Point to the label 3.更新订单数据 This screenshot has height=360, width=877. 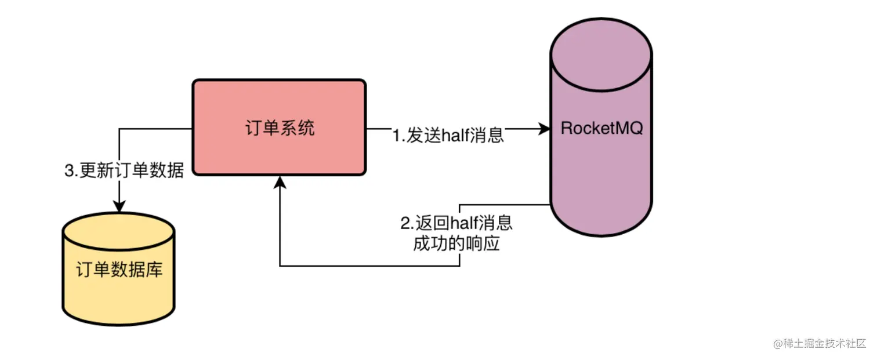click(124, 172)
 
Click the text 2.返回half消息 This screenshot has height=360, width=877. click(456, 223)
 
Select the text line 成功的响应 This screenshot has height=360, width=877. click(456, 244)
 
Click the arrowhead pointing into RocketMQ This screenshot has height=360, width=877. click(544, 129)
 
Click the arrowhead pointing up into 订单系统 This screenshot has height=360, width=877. click(280, 183)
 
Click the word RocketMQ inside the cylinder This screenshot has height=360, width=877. click(601, 128)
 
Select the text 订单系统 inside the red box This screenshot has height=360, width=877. click(280, 128)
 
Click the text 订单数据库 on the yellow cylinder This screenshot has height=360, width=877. click(119, 270)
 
